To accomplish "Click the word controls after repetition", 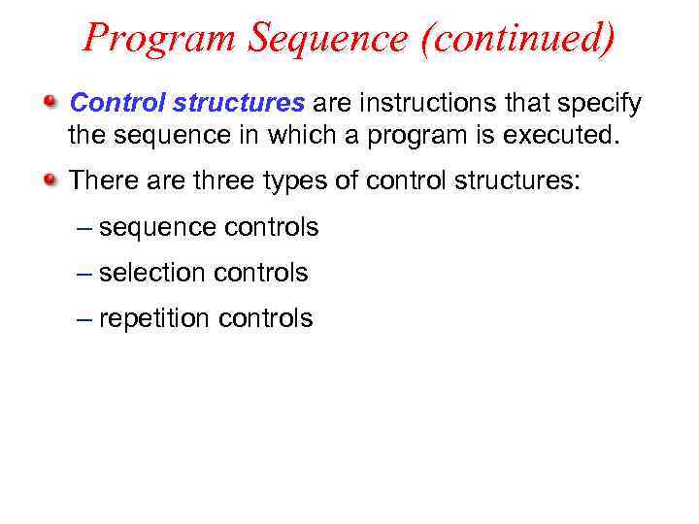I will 267,318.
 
